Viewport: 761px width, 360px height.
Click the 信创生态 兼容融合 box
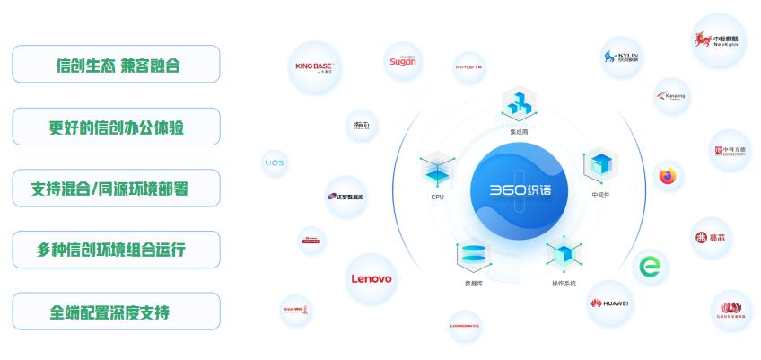pos(116,65)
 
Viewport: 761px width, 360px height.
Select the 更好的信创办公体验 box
pos(116,127)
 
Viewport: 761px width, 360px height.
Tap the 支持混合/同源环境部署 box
pos(116,189)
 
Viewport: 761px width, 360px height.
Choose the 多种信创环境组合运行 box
pos(116,250)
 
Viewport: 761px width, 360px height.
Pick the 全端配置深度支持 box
pos(116,312)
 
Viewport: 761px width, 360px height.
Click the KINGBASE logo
pos(314,66)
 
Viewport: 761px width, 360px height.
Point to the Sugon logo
pos(403,61)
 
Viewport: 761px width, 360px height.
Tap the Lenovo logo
pos(370,278)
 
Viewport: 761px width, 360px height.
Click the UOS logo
pos(275,162)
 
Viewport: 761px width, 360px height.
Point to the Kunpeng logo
pos(671,95)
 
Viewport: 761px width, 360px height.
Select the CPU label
pos(438,197)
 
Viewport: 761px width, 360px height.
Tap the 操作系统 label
pos(564,283)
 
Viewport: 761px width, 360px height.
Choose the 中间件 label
pos(600,194)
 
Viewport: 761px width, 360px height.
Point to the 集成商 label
pos(520,132)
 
